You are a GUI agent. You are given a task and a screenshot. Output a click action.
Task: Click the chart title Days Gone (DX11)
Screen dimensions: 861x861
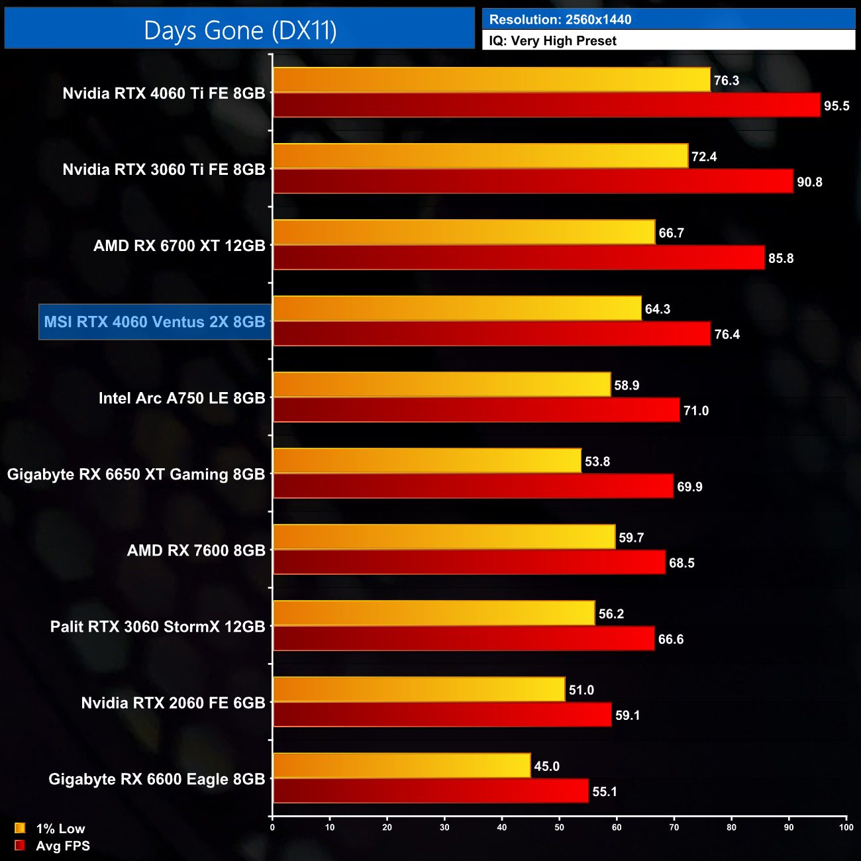(240, 30)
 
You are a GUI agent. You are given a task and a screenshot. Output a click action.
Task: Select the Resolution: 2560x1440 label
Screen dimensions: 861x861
(560, 20)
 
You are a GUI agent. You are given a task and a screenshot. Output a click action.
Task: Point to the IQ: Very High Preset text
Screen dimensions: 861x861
(552, 41)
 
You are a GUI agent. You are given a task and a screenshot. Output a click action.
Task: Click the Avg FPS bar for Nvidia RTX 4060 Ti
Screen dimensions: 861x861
(546, 105)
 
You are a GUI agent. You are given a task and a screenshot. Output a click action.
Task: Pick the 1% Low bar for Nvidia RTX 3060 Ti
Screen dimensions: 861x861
(480, 156)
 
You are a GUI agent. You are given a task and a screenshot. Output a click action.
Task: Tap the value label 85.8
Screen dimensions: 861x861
(781, 258)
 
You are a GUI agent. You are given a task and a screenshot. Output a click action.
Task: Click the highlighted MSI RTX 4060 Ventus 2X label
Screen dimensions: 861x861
(155, 322)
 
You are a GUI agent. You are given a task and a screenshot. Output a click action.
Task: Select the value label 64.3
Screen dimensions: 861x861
(658, 309)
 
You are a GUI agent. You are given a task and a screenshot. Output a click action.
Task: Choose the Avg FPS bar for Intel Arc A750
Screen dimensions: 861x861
(476, 410)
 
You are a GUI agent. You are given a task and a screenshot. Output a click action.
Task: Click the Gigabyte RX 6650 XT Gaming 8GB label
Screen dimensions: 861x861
(136, 474)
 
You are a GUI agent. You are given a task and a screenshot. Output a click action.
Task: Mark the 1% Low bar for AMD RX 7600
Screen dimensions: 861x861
(444, 536)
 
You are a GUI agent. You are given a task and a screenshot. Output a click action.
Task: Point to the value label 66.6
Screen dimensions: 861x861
(671, 639)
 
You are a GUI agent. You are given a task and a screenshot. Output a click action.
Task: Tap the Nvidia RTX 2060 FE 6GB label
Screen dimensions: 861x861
(173, 703)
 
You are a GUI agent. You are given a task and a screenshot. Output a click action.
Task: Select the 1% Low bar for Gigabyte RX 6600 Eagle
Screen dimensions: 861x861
(401, 766)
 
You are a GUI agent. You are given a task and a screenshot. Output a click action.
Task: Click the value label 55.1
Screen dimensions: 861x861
(605, 791)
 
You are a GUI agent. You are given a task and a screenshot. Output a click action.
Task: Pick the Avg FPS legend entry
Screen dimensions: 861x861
(52, 846)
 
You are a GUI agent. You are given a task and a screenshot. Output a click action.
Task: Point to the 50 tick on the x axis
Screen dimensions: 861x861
(560, 827)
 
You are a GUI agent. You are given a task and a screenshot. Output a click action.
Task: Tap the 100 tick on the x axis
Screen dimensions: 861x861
(846, 827)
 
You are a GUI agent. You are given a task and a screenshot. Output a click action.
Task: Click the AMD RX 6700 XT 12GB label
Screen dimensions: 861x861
(179, 246)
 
